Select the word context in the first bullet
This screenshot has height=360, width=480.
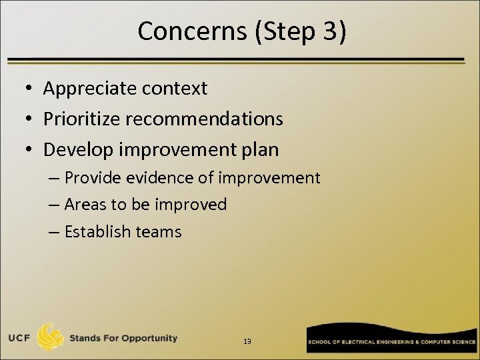coord(176,88)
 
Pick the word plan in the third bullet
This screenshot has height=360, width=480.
coord(261,149)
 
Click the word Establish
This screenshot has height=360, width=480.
coord(97,231)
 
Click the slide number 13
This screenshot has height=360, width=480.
coord(247,341)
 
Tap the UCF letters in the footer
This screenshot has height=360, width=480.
coord(19,338)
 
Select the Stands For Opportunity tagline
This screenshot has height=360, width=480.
coord(123,338)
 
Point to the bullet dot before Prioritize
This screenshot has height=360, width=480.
coord(31,119)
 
